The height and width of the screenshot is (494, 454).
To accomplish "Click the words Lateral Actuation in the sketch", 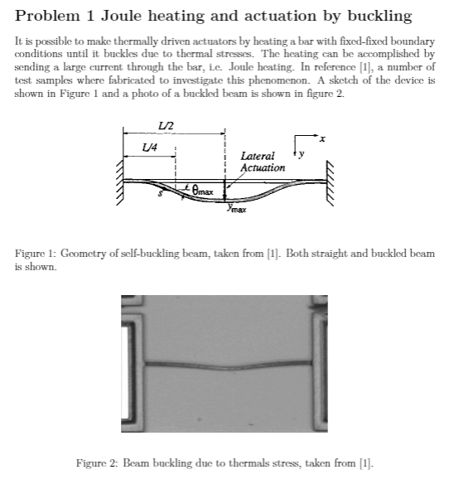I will click(x=262, y=162).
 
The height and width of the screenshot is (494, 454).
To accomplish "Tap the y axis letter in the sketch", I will click(x=302, y=154).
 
